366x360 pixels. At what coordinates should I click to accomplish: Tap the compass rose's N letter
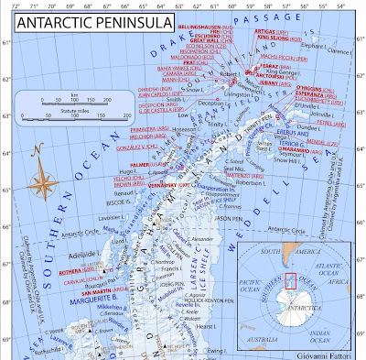(35, 151)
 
